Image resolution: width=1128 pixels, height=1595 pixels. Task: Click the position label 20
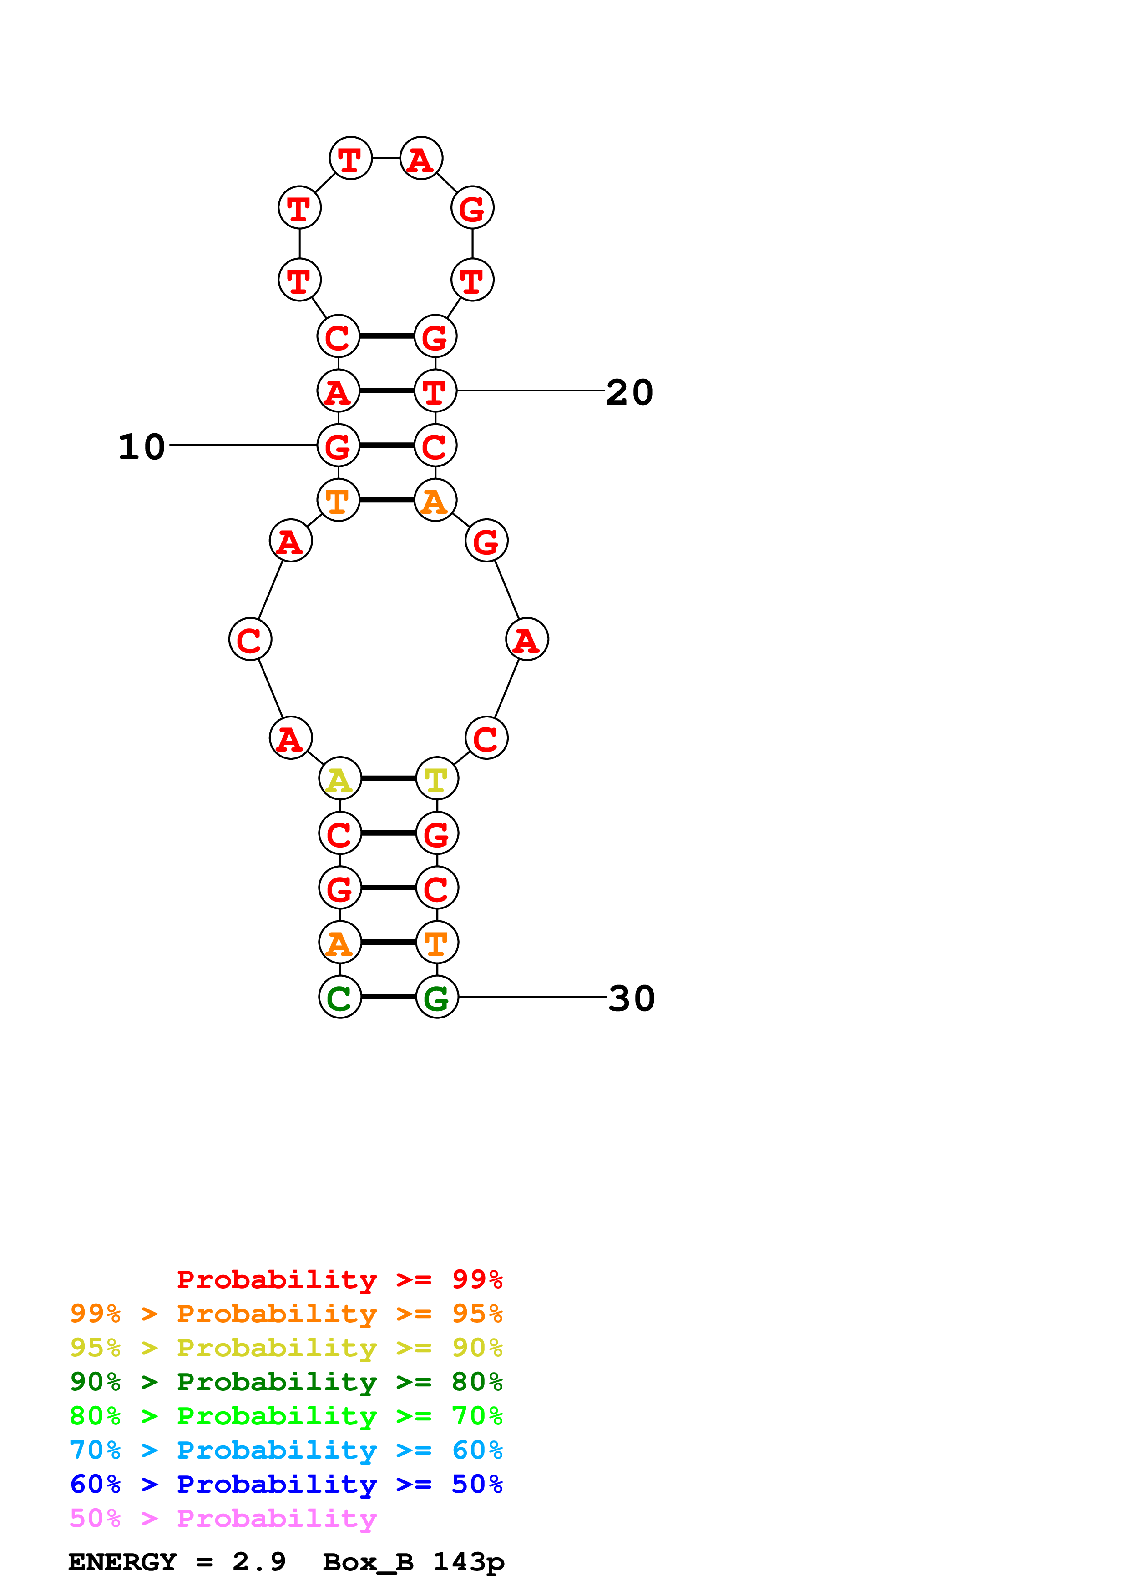coord(629,392)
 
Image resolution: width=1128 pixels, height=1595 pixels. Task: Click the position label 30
coord(631,999)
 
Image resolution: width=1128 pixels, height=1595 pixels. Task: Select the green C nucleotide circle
coord(340,997)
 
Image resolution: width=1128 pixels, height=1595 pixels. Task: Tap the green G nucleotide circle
coord(436,997)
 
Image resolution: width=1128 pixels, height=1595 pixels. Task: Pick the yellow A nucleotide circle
coord(340,779)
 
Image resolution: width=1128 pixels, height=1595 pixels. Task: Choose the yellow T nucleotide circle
coord(436,779)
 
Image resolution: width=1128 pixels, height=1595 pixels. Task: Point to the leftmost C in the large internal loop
coord(250,639)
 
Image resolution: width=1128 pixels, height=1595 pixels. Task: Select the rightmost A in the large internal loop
coord(527,639)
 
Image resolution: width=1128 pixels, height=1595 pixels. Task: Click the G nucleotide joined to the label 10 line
coord(339,445)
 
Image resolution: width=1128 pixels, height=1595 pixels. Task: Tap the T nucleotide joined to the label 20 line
coord(435,391)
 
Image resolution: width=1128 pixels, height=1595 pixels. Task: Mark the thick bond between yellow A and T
coord(388,779)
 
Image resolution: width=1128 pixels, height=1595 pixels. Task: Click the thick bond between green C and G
coord(388,997)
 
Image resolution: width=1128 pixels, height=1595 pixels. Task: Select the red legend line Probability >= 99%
coord(339,1279)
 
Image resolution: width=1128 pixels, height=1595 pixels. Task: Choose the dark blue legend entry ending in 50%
coord(286,1484)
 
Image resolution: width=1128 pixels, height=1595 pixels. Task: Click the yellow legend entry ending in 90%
coord(286,1348)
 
